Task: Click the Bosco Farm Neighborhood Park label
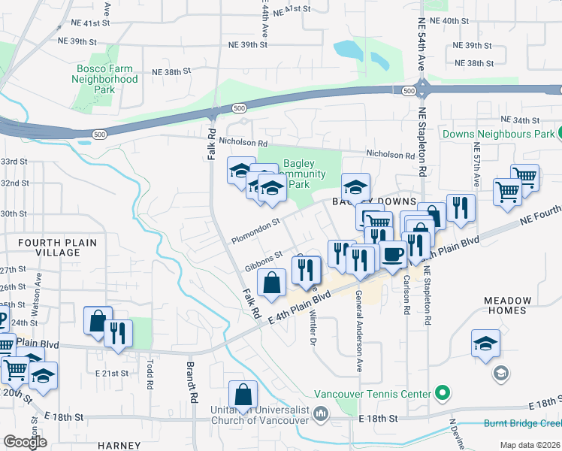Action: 107,78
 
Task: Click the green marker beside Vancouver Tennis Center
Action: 443,393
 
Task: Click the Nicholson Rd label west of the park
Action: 241,142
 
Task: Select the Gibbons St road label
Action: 263,260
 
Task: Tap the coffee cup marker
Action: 392,254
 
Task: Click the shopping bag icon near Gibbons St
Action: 272,283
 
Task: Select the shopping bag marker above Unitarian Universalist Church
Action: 243,394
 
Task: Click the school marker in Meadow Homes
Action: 485,343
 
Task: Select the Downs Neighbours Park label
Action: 497,135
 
